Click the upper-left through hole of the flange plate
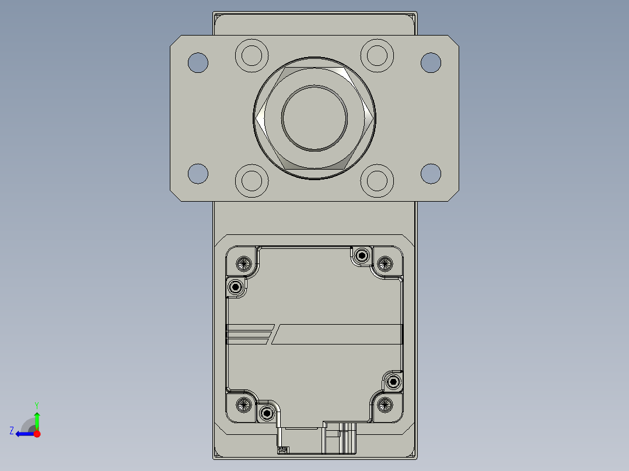(198, 62)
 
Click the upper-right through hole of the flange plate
(431, 62)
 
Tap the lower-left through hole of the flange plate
(198, 174)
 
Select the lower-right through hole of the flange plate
(431, 174)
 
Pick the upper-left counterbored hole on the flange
(251, 56)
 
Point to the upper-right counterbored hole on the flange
(377, 56)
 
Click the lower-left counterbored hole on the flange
(251, 181)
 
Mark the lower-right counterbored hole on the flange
(377, 181)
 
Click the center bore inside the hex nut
(314, 118)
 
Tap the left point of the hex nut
(256, 118)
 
